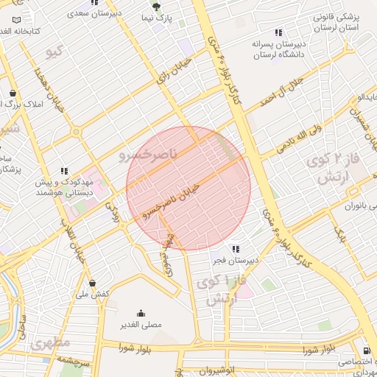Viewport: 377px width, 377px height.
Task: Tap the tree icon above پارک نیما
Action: (x=154, y=5)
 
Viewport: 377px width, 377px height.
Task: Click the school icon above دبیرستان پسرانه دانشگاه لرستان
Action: (x=278, y=32)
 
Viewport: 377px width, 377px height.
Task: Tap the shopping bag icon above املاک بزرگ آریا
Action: (x=13, y=94)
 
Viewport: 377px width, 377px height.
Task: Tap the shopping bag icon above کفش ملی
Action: (x=92, y=283)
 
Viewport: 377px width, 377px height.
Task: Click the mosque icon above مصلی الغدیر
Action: (x=141, y=313)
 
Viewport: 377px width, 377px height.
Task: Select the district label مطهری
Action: (x=49, y=343)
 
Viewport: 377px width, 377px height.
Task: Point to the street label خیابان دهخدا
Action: (x=49, y=89)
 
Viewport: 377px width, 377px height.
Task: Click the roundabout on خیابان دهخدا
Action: (x=76, y=133)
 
